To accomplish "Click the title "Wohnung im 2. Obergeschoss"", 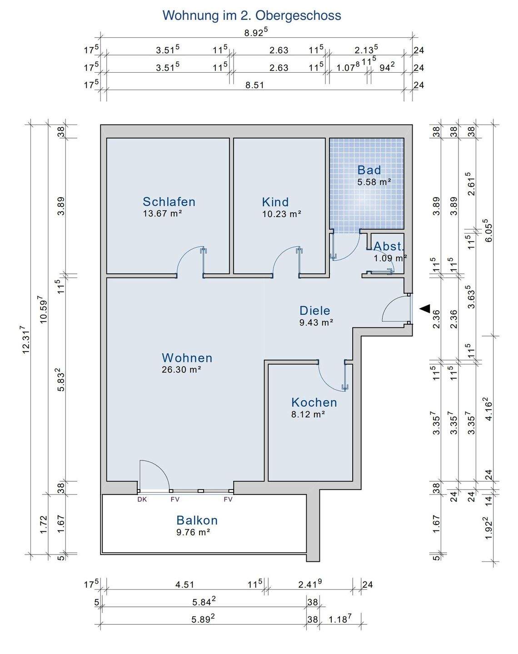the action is [x=252, y=15].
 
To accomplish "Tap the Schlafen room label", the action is [x=169, y=202].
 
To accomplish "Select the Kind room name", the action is [x=275, y=202].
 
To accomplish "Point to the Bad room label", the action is [x=369, y=170].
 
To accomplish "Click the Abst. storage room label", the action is [x=389, y=246].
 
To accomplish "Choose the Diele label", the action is [x=315, y=311].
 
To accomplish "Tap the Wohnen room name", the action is [x=187, y=358].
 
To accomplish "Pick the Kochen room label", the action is [x=314, y=402].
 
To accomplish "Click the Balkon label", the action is [x=197, y=520].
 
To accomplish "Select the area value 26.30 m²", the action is [x=181, y=370].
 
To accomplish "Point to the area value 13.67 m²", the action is [x=162, y=213].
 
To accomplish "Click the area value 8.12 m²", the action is [x=308, y=414].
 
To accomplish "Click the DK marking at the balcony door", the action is [x=142, y=499].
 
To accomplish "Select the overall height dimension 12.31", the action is [x=26, y=339].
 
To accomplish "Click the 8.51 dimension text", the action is [x=254, y=85].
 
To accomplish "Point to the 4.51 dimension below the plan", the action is [x=184, y=585].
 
